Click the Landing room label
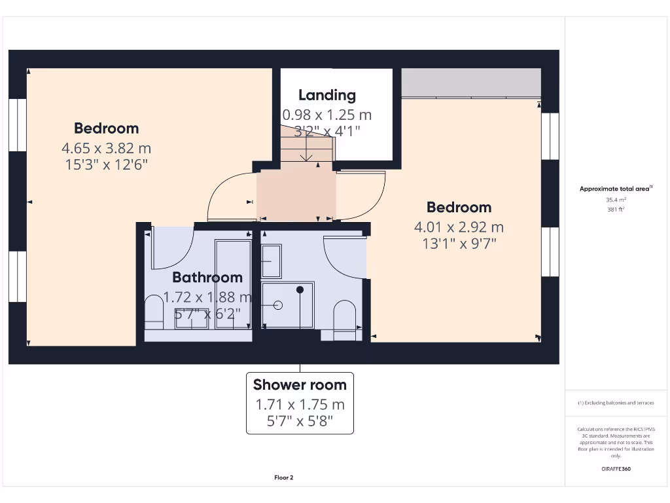pos(327,95)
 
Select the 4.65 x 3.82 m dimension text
pos(106,148)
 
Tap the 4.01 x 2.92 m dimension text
pos(459,227)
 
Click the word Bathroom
pos(207,278)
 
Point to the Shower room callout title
pos(300,384)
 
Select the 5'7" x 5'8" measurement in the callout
pos(300,421)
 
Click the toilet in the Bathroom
pos(154,312)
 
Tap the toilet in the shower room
pos(344,319)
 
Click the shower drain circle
pos(277,305)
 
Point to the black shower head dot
pos(300,289)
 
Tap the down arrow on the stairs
pos(307,155)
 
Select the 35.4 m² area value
pos(616,200)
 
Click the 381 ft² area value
pos(616,210)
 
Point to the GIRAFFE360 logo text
pos(616,469)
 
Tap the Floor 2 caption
pos(284,477)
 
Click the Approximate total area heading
pos(614,189)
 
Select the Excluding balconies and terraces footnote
pos(616,403)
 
